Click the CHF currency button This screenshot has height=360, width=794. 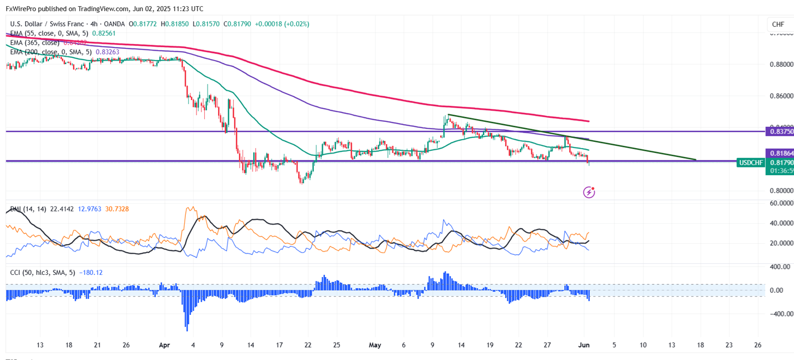click(778, 24)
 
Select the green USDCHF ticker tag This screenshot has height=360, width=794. click(749, 162)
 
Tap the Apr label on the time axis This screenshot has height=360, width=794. click(164, 345)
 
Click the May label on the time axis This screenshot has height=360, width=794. click(375, 345)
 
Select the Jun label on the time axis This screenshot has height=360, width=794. click(585, 345)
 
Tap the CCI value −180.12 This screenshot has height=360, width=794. click(91, 273)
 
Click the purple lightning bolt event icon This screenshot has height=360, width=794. click(589, 193)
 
